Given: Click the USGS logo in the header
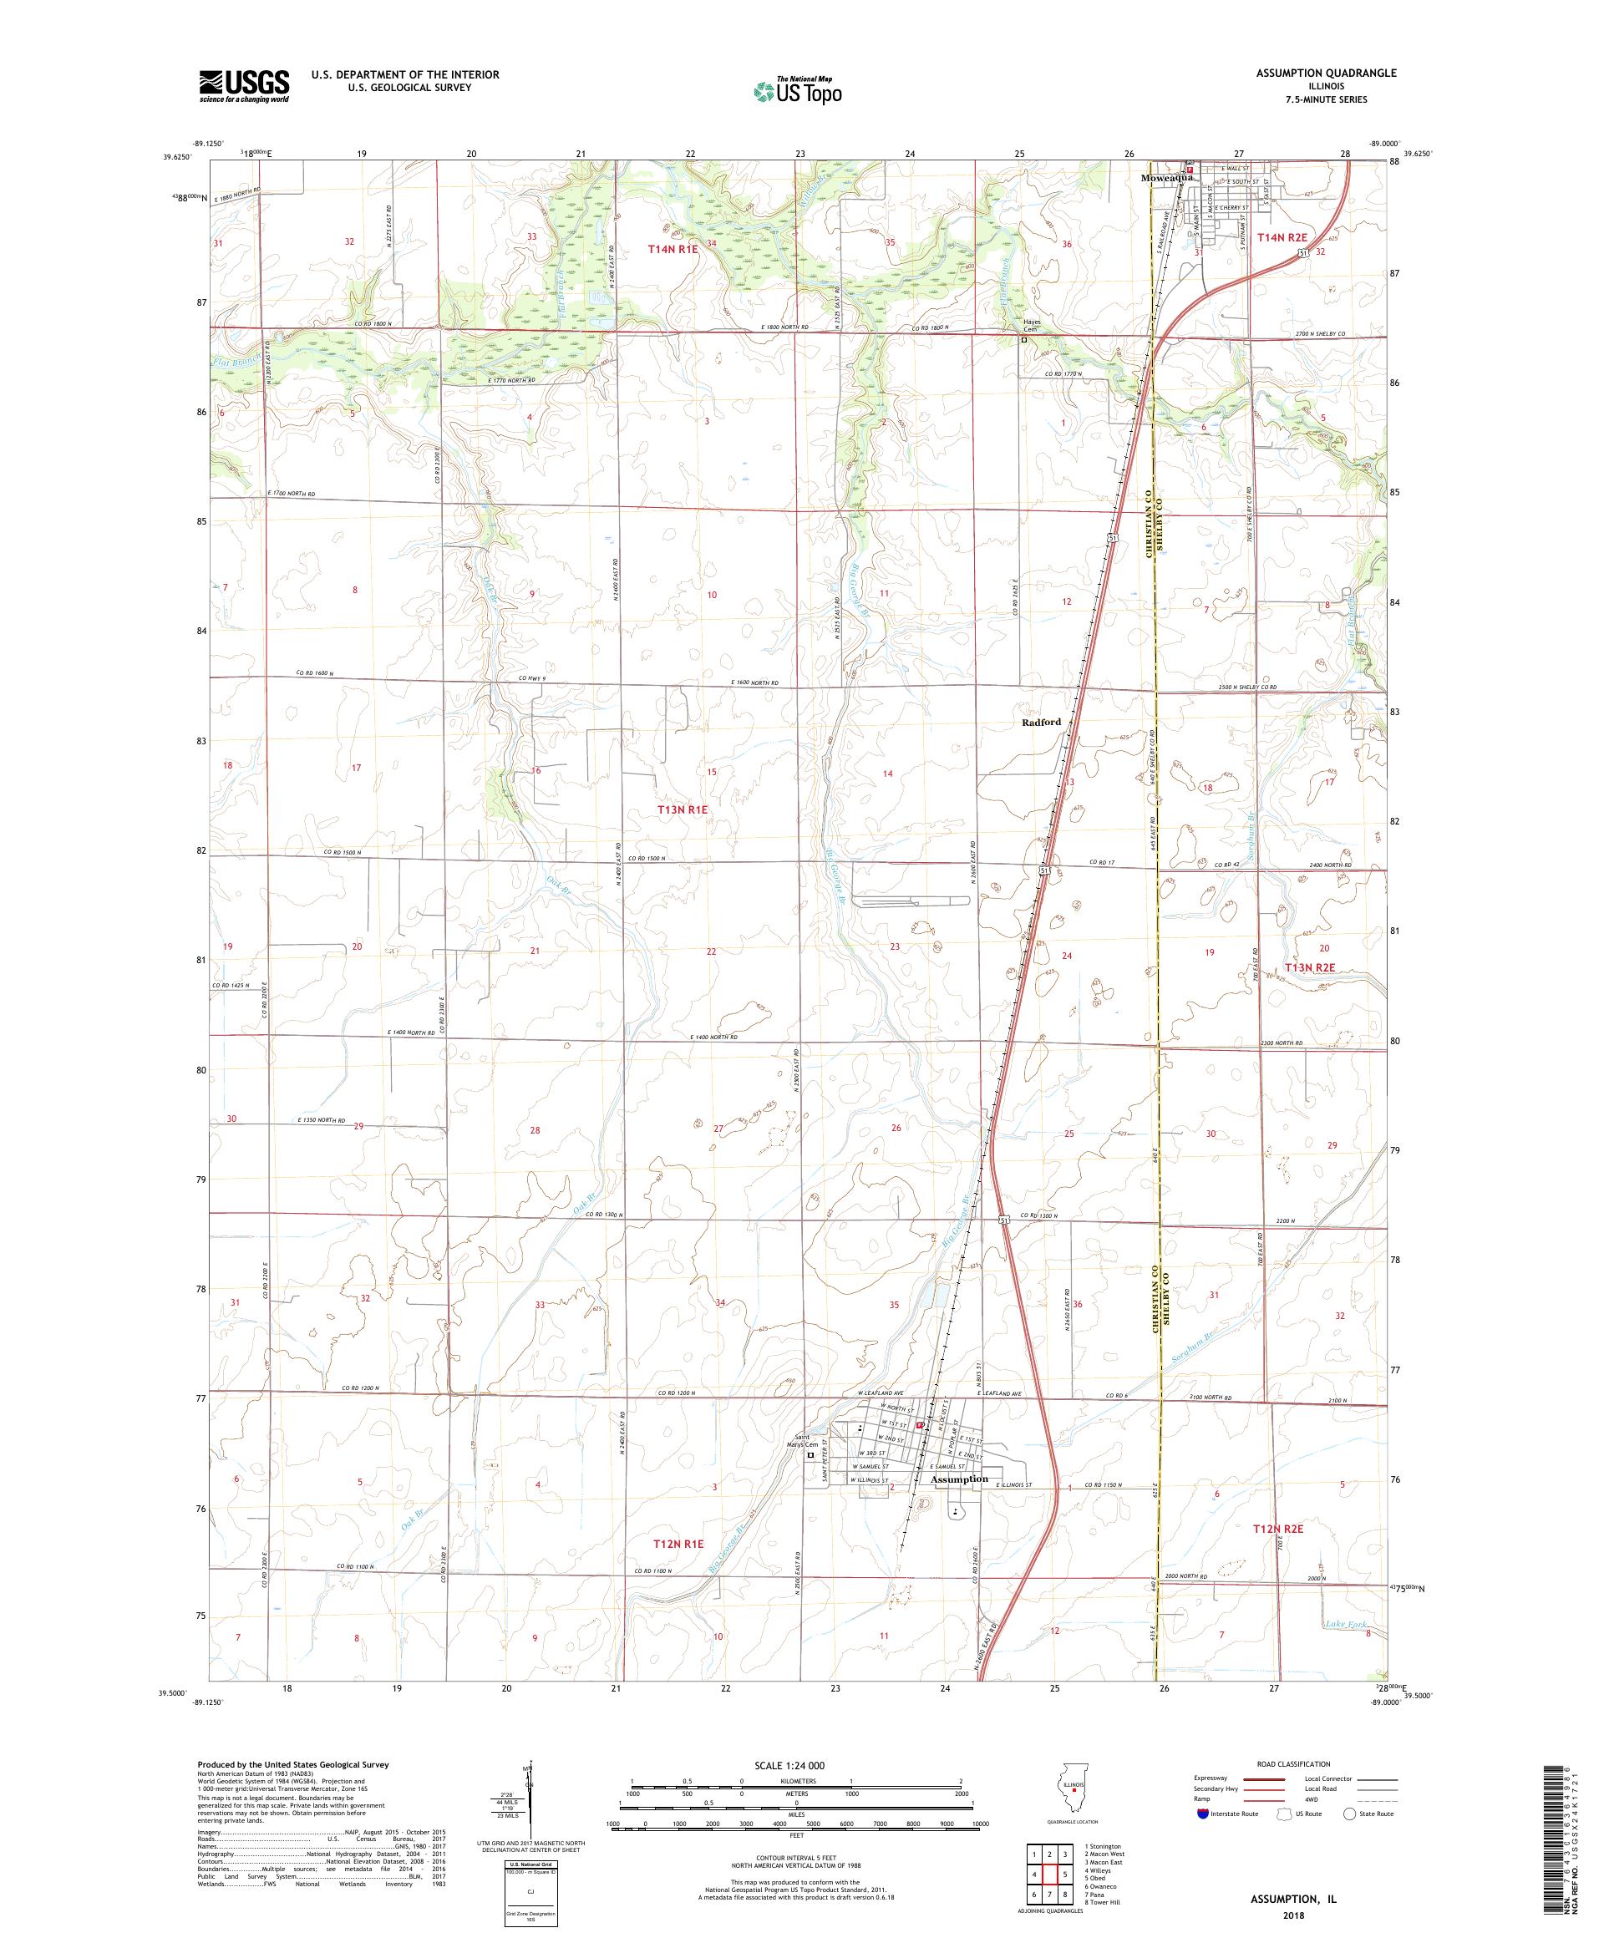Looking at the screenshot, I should (244, 86).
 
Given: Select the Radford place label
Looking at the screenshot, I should (1041, 722).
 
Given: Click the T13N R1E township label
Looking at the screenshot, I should (682, 809).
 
